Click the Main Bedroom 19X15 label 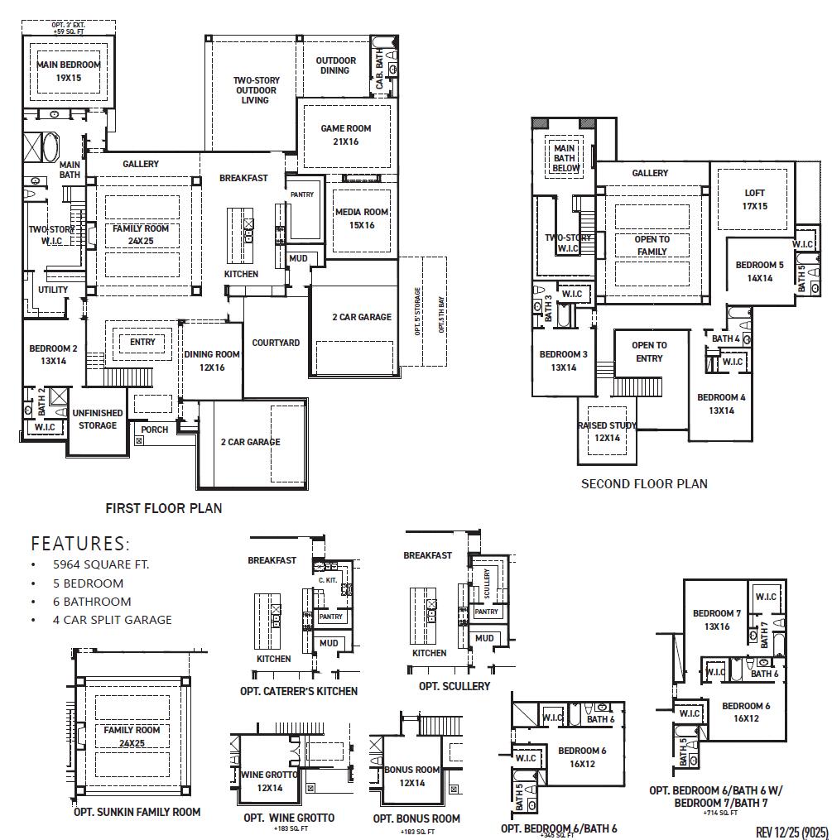point(68,71)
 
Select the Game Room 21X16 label point(346,135)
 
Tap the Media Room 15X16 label point(362,218)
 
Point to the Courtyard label point(276,343)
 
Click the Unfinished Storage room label point(97,419)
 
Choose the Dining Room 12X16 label point(212,360)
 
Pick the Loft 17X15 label point(754,199)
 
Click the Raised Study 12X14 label point(607,431)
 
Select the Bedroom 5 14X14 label point(759,271)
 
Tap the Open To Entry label point(649,352)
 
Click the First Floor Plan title point(164,508)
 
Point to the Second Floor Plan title point(644,483)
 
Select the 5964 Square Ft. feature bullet point(101,564)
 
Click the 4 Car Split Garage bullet point(112,619)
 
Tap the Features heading point(80,544)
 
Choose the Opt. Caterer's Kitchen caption point(299,690)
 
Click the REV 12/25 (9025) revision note point(791,830)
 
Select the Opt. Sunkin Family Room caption point(137,812)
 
